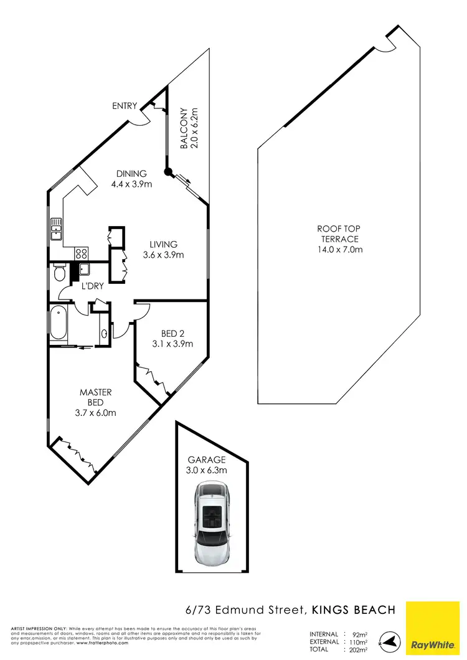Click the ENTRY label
(124, 106)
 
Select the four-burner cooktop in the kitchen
(81, 253)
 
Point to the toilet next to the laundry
(59, 273)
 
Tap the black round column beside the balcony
(167, 172)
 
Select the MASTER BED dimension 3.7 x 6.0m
(95, 412)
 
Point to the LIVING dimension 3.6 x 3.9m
(163, 255)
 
